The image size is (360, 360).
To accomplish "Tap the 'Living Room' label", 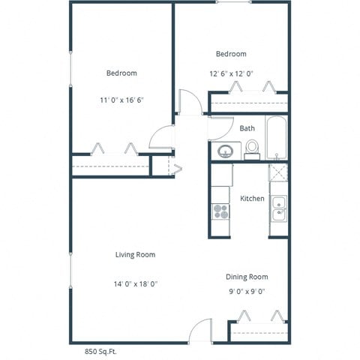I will [x=135, y=255].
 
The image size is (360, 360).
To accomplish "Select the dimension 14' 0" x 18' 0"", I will [x=135, y=283].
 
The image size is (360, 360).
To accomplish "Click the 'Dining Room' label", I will [x=247, y=277].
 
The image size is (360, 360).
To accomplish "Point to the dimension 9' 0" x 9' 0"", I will [x=247, y=292].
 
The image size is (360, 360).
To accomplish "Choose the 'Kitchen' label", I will [x=251, y=199].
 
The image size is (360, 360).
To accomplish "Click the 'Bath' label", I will [x=247, y=128].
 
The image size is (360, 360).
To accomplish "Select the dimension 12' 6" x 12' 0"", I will [x=231, y=73].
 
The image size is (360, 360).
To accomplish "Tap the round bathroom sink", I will [x=225, y=152].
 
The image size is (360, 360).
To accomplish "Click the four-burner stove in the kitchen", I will [x=220, y=211].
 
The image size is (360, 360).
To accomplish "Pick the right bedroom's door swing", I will [x=190, y=102].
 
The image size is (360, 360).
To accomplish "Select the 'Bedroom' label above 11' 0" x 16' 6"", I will [x=121, y=73].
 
